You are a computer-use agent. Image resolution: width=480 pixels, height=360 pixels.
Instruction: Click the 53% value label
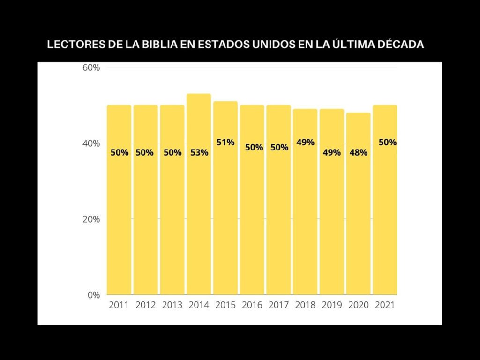pos(199,152)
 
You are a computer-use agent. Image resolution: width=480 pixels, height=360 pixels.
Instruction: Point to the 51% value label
pos(225,142)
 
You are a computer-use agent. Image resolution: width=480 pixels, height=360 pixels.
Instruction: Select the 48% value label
pos(358,152)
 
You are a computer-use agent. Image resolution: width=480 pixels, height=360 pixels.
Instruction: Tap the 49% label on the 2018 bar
pos(305,142)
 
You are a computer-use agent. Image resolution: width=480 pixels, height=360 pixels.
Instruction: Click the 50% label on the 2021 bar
pos(388,142)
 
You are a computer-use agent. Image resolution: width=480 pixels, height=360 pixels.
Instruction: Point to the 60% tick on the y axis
pos(91,67)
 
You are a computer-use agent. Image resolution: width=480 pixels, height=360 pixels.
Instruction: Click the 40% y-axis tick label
pos(91,143)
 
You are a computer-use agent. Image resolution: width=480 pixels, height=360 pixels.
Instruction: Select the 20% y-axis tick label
pos(91,219)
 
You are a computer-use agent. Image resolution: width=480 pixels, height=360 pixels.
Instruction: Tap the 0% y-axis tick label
pos(94,295)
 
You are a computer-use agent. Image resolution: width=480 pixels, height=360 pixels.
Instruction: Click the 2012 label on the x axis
pos(146,305)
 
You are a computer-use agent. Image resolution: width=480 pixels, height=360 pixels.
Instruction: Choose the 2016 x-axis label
pos(252,305)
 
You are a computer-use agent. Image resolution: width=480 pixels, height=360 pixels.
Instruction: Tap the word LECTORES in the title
pos(70,45)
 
